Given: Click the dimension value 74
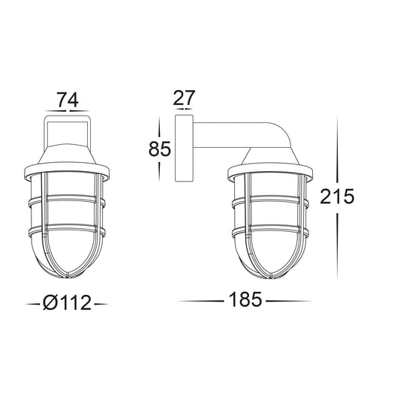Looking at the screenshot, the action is click(x=67, y=100).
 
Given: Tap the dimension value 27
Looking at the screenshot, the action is click(x=184, y=98).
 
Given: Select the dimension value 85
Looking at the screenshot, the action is click(x=159, y=149).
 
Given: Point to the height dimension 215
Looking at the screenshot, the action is click(x=337, y=197).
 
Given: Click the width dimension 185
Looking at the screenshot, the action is click(x=245, y=299).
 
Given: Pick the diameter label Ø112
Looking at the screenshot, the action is click(x=67, y=302).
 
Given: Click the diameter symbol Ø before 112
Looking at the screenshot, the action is click(x=50, y=302).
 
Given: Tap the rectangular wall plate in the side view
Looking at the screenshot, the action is click(x=184, y=148).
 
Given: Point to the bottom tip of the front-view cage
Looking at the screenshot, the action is click(x=67, y=277).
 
